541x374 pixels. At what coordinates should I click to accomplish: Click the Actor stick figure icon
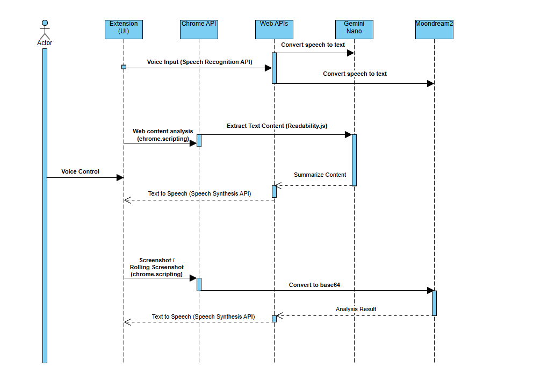45,30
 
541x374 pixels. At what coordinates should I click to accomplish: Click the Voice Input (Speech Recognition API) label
199,62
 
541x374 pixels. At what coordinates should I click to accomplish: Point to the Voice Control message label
81,172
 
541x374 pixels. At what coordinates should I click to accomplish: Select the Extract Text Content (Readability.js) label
277,126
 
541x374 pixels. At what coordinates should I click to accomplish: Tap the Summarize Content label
320,175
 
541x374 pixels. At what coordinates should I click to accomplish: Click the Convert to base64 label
314,285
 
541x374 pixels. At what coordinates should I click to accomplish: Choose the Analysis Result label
356,309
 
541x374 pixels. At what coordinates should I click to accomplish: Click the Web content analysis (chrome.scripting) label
163,135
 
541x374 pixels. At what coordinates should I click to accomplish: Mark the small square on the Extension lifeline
124,67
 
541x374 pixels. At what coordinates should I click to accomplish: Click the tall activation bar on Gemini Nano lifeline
354,160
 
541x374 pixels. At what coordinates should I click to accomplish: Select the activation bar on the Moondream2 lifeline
434,303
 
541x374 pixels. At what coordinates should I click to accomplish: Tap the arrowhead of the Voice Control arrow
120,177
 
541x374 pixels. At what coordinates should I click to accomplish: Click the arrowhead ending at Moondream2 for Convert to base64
430,291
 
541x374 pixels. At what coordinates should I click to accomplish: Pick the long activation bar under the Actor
45,204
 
